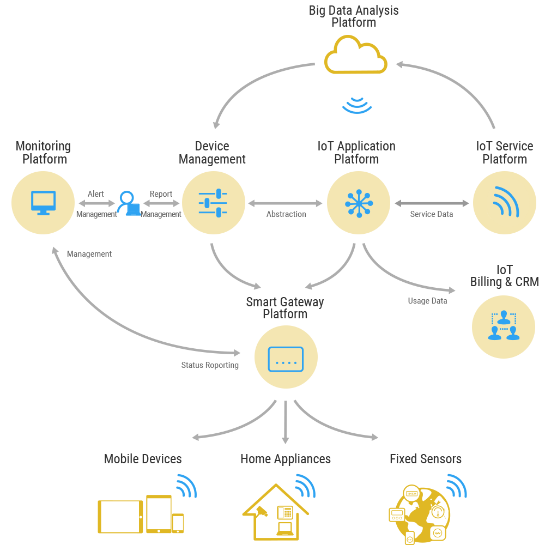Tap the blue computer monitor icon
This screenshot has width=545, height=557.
pos(44,203)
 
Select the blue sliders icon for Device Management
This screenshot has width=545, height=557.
pos(213,203)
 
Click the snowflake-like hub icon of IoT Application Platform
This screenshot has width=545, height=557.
pos(359,203)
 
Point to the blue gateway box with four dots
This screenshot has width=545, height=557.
pos(286,359)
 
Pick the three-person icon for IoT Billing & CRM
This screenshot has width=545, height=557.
pos(504,325)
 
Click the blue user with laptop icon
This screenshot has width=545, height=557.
pos(129,203)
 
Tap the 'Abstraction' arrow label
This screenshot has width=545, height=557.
pos(286,214)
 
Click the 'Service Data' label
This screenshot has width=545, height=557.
pos(431,214)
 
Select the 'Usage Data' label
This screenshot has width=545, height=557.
pos(427,301)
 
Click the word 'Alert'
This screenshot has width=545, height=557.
pos(95,194)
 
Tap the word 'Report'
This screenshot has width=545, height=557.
pos(161,194)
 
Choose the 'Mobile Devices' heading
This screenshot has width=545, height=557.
pos(143,458)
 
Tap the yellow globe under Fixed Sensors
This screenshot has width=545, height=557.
pos(419,514)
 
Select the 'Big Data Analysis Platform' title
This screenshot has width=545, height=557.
pos(354,16)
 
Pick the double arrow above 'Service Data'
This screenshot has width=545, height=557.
pos(432,203)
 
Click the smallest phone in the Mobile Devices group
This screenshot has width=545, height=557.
pos(178,523)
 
